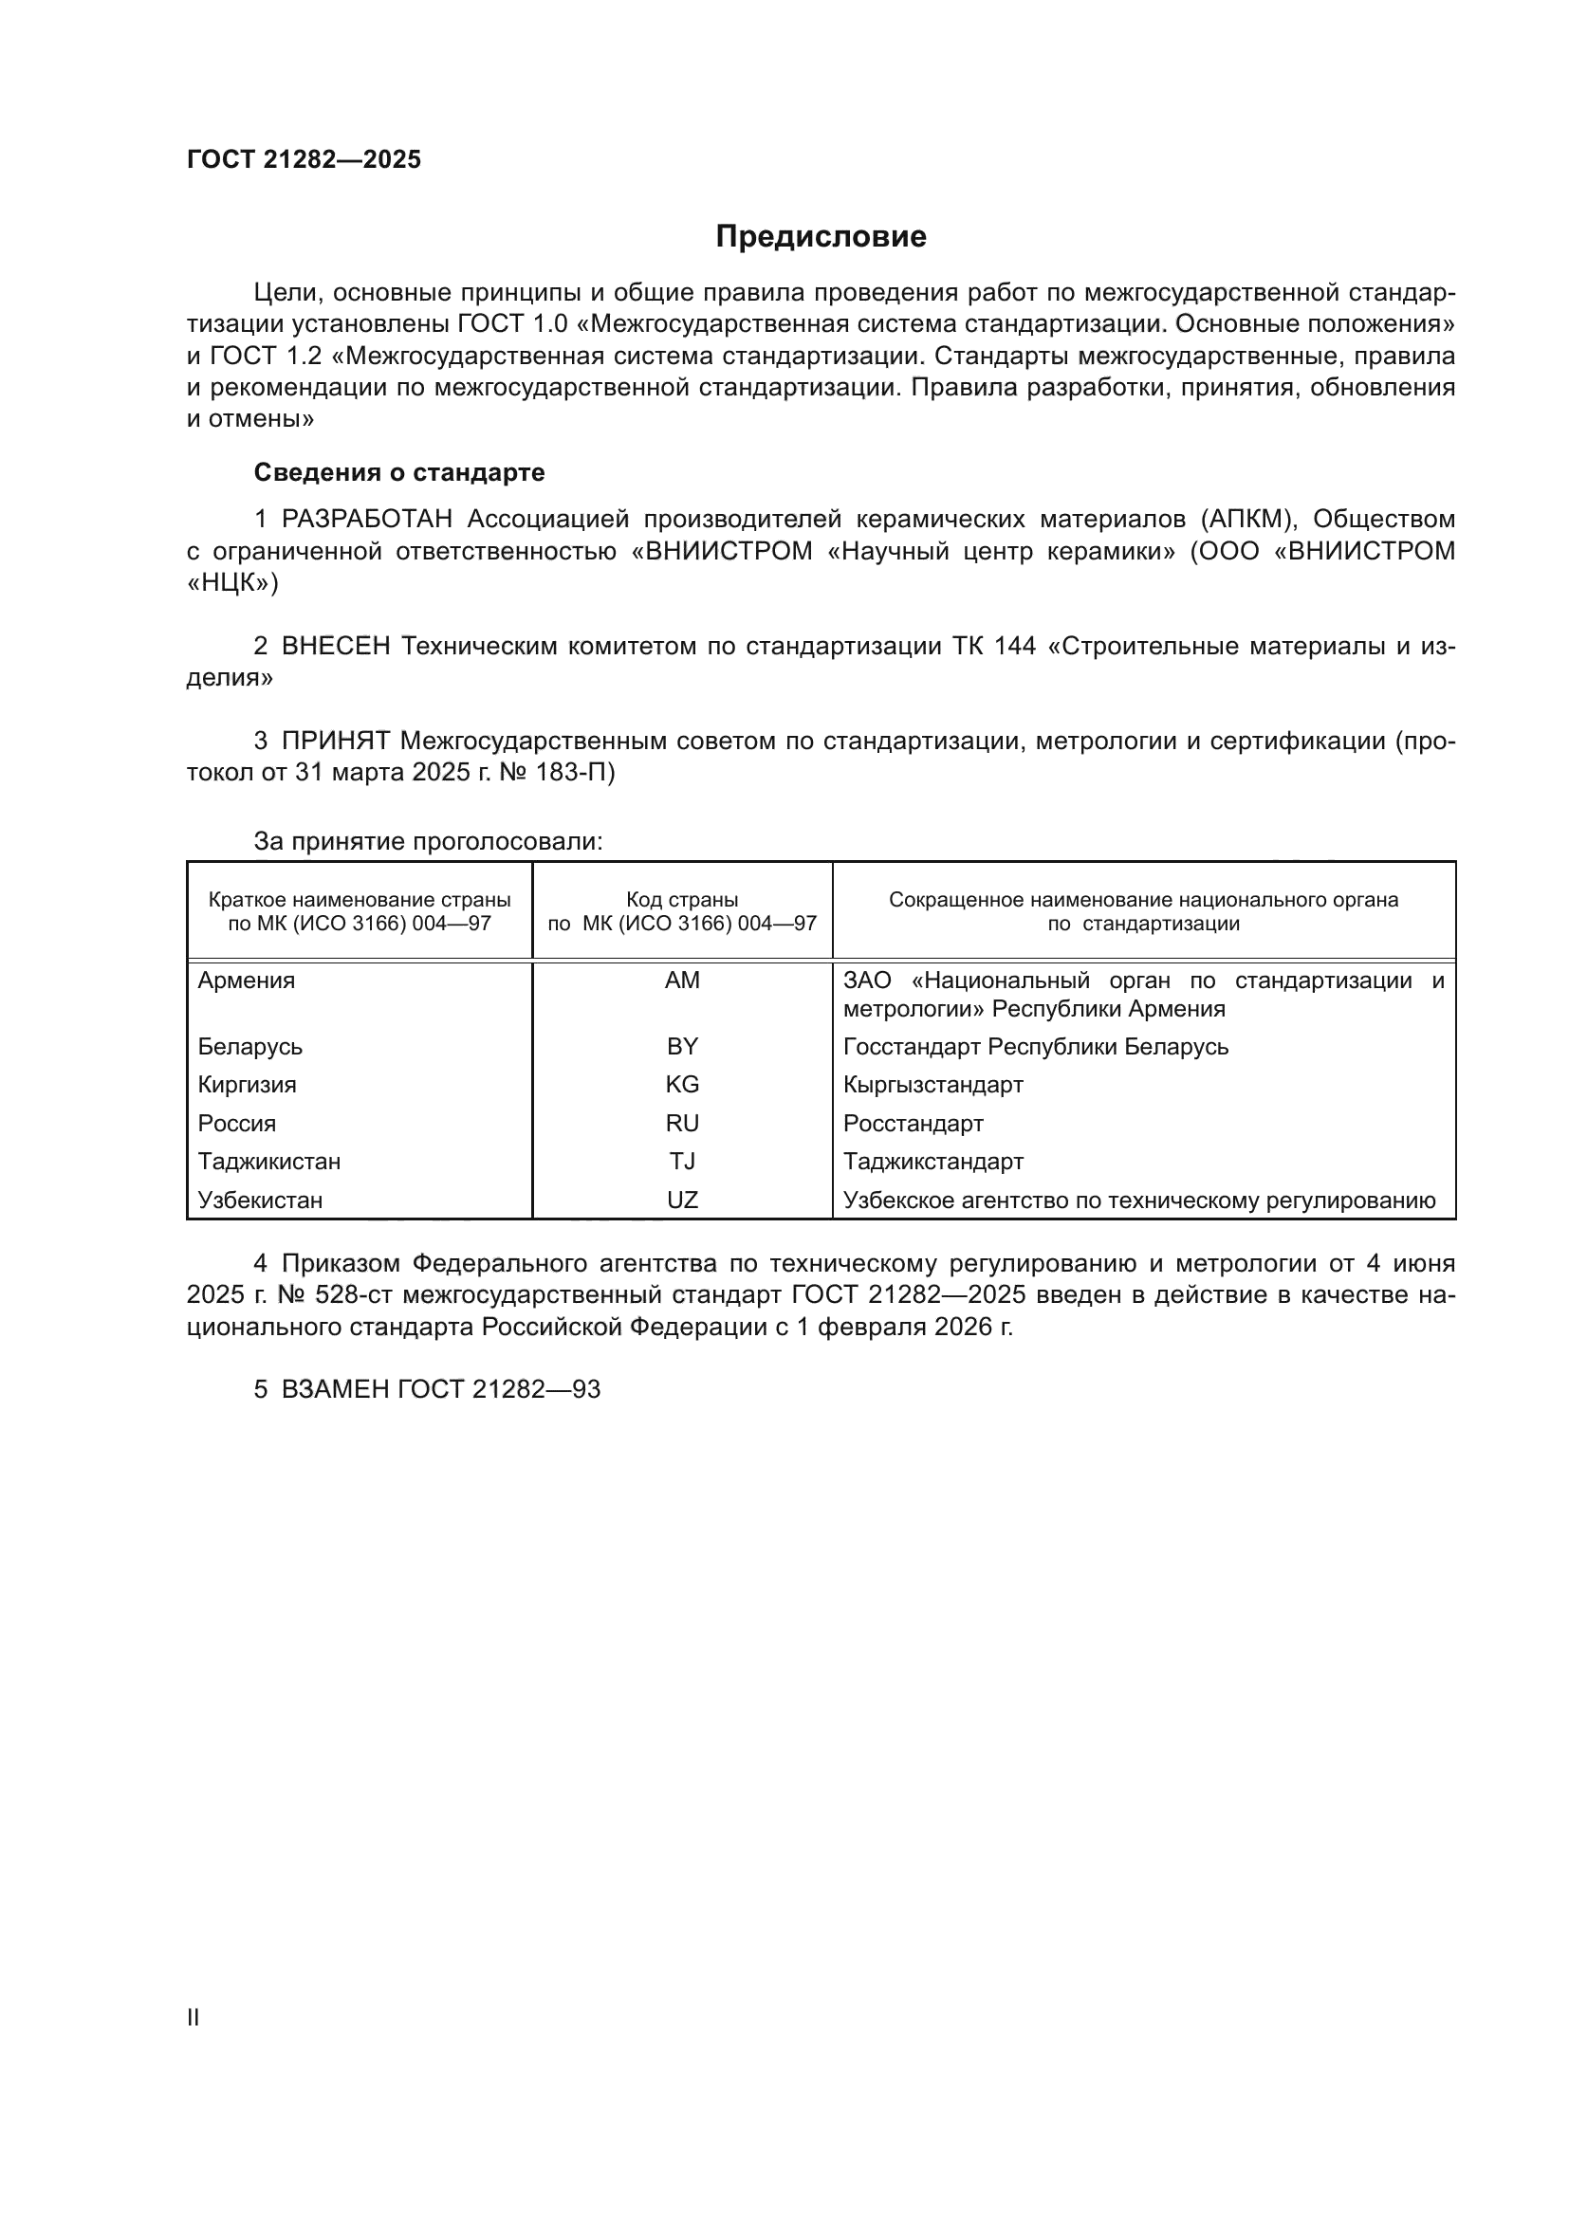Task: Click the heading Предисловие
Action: tap(821, 237)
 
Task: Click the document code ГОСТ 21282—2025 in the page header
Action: tap(304, 159)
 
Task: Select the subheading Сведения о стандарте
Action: tap(399, 472)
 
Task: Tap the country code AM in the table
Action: tap(682, 981)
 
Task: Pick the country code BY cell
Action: tap(682, 1047)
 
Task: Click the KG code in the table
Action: tap(682, 1085)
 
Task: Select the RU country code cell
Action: tap(682, 1124)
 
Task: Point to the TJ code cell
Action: tap(682, 1162)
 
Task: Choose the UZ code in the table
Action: tap(682, 1200)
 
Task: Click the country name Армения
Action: tap(247, 981)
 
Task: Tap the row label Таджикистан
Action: tap(268, 1162)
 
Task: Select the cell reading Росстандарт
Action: tap(913, 1124)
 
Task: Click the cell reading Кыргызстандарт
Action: tap(932, 1085)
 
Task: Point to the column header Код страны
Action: tap(682, 900)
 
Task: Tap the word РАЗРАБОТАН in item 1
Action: tap(366, 520)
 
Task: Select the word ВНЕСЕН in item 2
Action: tap(335, 647)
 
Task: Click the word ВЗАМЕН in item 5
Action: tap(335, 1389)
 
